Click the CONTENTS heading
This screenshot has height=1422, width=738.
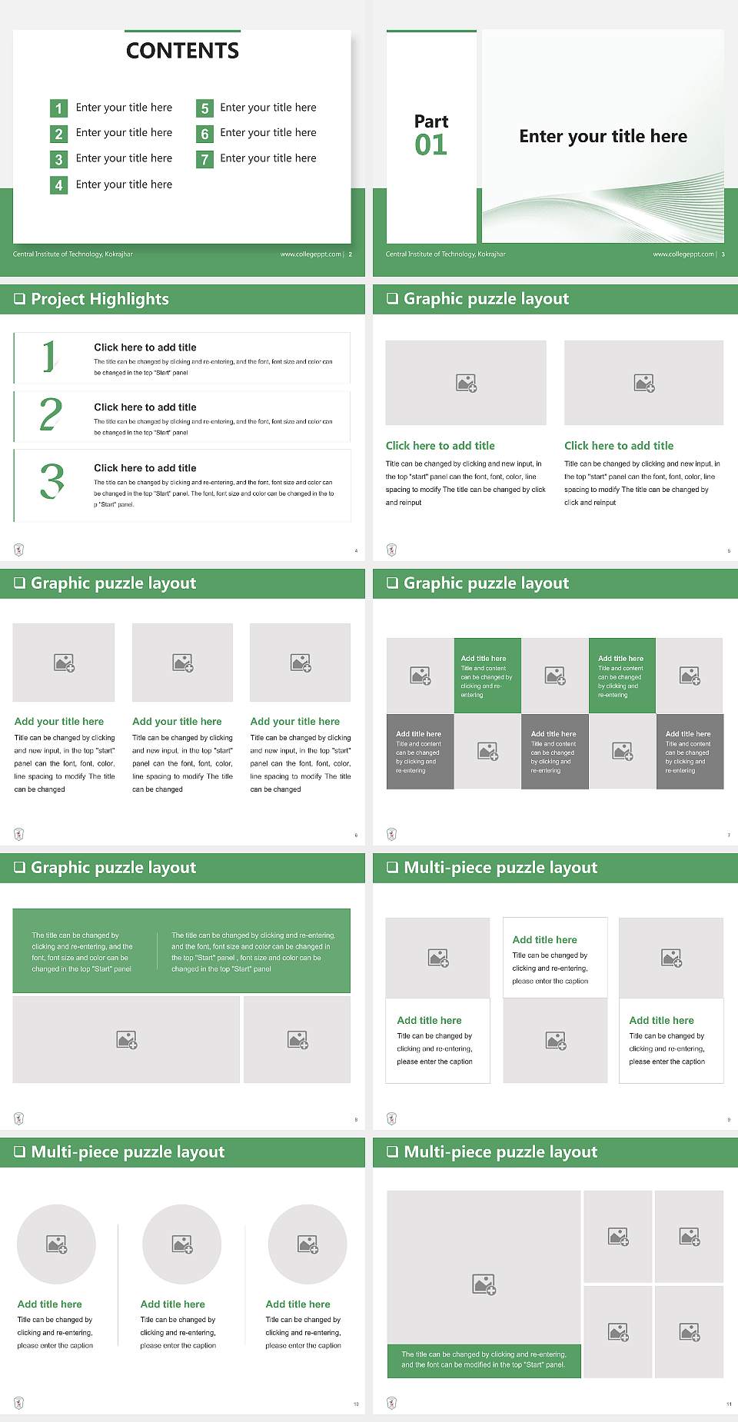pos(182,51)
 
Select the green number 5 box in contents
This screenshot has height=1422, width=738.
pos(204,108)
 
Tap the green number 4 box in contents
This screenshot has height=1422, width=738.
pos(58,185)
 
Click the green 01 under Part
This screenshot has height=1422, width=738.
pos(430,145)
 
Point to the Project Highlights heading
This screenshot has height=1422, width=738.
pos(99,299)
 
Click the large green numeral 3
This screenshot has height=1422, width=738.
pos(52,481)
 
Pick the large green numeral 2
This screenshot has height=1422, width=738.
pos(51,414)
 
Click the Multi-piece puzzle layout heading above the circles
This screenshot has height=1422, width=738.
pos(128,1151)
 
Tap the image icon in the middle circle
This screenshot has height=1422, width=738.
pos(182,1244)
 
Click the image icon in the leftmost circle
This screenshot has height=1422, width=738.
pos(57,1244)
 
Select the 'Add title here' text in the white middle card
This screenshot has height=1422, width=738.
pos(544,939)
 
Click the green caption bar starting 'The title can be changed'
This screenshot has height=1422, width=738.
pos(484,1359)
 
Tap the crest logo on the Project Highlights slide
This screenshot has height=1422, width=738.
pos(19,550)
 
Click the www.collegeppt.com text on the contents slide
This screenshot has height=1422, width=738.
pos(311,254)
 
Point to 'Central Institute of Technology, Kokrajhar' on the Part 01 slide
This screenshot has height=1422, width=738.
pos(446,254)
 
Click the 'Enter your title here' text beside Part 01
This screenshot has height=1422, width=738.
pos(603,137)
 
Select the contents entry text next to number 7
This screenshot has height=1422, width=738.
pos(268,158)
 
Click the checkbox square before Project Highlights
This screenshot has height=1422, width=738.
pos(20,299)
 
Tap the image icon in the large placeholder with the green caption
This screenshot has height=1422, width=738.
pos(484,1284)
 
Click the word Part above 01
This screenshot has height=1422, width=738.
pos(430,121)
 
